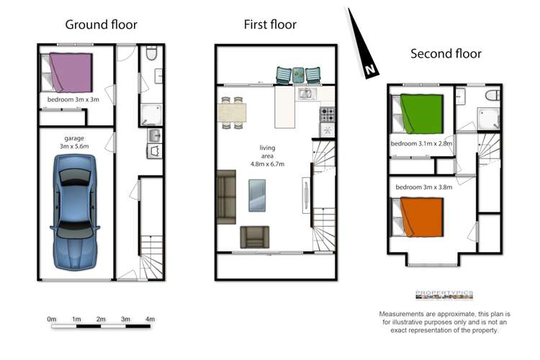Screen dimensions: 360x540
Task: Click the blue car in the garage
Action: [x=76, y=216]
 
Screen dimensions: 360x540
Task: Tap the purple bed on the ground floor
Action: [x=71, y=71]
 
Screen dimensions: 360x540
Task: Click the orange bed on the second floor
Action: [x=421, y=217]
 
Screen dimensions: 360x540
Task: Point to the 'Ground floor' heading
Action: [x=101, y=24]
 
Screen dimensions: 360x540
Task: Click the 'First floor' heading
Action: [x=270, y=24]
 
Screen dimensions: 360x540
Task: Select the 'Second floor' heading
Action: [x=446, y=53]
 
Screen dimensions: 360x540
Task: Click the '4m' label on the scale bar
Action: [x=150, y=319]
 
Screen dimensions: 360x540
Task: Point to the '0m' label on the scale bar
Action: [x=52, y=319]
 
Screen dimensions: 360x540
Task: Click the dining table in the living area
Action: [x=232, y=113]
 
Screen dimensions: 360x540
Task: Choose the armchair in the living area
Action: [x=254, y=236]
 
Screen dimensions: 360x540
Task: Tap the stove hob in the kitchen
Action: [x=327, y=114]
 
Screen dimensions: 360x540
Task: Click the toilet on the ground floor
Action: [x=150, y=55]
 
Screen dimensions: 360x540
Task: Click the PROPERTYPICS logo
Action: [x=444, y=294]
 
